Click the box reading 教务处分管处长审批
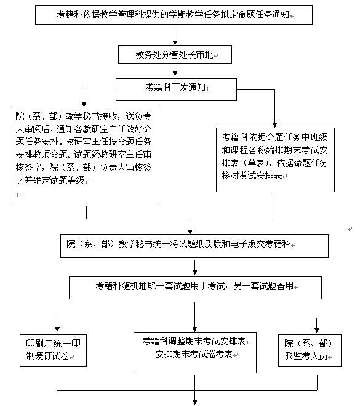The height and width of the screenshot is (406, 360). (175, 55)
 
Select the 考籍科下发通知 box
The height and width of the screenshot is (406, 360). (176, 89)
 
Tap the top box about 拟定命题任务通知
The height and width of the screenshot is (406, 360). (174, 15)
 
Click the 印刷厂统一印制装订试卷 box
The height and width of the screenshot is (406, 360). (53, 350)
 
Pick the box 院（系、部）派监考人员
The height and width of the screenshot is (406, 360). (310, 350)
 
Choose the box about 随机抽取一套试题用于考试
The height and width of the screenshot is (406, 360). (195, 288)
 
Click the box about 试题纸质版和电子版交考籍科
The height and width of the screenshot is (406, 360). (194, 246)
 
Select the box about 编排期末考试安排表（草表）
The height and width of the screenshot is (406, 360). (275, 160)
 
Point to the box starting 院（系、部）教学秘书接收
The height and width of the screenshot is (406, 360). (84, 155)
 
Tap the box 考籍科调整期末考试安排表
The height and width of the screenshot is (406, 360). (195, 352)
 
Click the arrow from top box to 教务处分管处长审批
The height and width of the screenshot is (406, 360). (175, 35)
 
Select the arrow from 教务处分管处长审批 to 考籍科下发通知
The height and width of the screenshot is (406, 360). (175, 70)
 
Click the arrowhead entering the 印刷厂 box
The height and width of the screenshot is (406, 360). (57, 329)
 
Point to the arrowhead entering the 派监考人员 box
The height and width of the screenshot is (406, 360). (316, 330)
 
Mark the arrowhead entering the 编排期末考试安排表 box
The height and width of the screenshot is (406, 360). (274, 125)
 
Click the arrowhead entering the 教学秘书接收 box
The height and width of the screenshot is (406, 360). (84, 104)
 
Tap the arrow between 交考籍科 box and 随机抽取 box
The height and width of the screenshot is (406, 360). (194, 267)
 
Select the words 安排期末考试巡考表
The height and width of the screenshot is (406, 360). (194, 354)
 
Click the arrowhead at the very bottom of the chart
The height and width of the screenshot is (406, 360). (194, 402)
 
